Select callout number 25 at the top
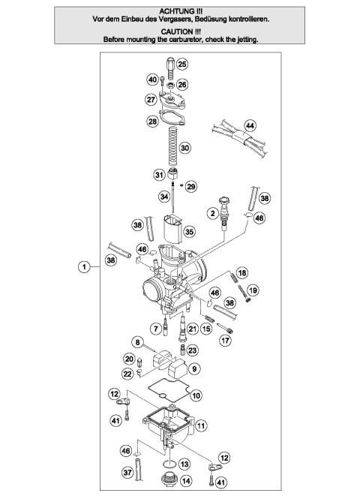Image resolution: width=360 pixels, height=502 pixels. (182, 65)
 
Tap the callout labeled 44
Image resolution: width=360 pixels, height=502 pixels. (250, 125)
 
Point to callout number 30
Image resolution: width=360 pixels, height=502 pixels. (184, 148)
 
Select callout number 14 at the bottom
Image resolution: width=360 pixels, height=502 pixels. (185, 481)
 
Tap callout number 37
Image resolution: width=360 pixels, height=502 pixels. (129, 473)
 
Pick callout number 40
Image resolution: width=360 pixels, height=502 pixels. (153, 80)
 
